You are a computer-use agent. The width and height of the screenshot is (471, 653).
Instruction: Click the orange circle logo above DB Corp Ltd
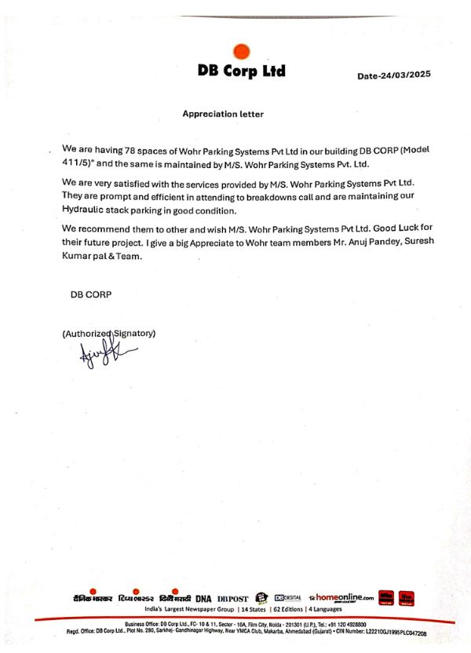pos(242,52)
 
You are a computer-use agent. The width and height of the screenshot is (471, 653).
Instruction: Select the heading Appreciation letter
pos(223,114)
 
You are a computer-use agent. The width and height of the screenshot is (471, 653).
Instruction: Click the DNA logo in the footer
pos(203,598)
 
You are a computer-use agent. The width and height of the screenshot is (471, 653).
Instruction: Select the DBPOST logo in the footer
pos(232,598)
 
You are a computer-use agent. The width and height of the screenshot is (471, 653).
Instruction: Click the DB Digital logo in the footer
pos(288,598)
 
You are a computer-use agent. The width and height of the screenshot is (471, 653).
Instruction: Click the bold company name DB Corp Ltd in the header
pos(242,71)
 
